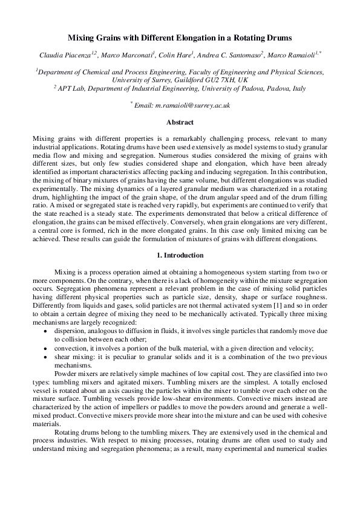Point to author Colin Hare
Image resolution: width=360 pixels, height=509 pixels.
point(175,55)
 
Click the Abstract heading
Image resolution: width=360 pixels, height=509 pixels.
point(180,122)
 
